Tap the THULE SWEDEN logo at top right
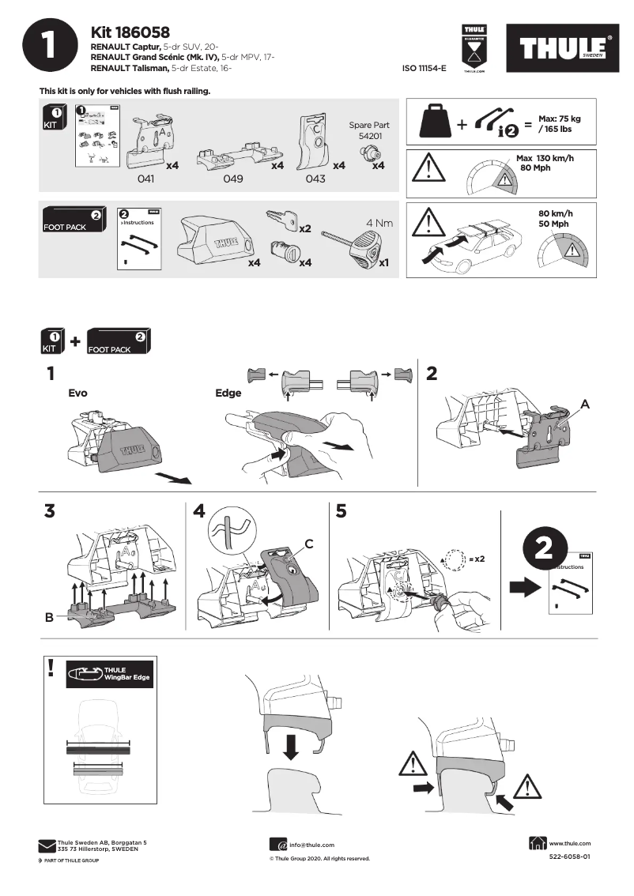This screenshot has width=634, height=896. point(562,49)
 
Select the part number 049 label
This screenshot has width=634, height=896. point(232,179)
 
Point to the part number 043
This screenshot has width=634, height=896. point(315,179)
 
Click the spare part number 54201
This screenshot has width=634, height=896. point(368,135)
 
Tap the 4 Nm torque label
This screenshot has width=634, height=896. point(379,223)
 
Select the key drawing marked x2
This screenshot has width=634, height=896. point(280,219)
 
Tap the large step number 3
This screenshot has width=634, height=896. point(50,511)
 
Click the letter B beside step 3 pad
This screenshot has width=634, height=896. point(49,618)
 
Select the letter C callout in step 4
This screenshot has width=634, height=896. point(309,544)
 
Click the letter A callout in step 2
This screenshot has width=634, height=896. point(585,403)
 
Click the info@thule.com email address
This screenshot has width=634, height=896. point(311,845)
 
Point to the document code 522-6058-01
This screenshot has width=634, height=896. point(569,856)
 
